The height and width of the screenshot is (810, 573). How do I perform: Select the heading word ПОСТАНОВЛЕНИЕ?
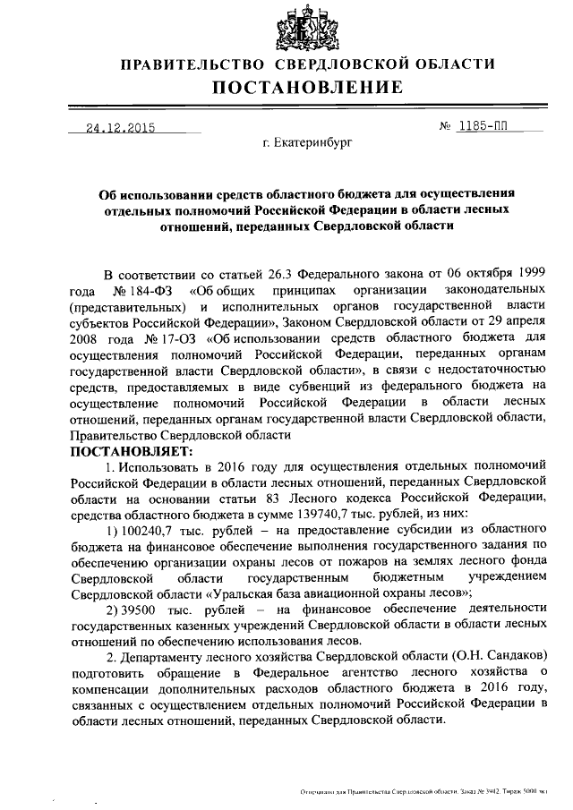(x=307, y=87)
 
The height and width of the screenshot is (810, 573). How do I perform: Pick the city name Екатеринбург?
(x=314, y=142)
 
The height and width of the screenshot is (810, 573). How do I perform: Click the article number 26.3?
(x=276, y=275)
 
